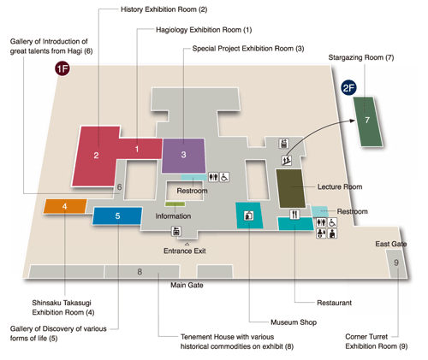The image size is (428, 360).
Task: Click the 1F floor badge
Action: pyautogui.click(x=62, y=68)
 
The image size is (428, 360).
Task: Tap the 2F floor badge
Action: pyautogui.click(x=348, y=87)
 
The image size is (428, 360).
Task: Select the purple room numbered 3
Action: pyautogui.click(x=183, y=156)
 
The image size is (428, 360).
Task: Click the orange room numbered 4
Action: pyautogui.click(x=65, y=206)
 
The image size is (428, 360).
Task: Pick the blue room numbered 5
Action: pyautogui.click(x=117, y=215)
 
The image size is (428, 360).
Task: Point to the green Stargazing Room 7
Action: pyautogui.click(x=368, y=121)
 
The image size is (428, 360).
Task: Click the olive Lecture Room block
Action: pyautogui.click(x=290, y=188)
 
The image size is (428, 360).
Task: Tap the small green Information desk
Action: pyautogui.click(x=175, y=204)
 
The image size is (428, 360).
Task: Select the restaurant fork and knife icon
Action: pyautogui.click(x=294, y=215)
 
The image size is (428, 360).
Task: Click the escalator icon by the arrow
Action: pyautogui.click(x=287, y=161)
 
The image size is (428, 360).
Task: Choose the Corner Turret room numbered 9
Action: pyautogui.click(x=396, y=263)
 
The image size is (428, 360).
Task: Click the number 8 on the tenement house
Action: pyautogui.click(x=140, y=272)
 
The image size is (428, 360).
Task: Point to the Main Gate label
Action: pyautogui.click(x=187, y=285)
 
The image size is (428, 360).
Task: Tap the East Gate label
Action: pyautogui.click(x=391, y=244)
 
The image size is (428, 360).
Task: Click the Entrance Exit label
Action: pyautogui.click(x=185, y=251)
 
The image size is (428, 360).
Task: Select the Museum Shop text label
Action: pyautogui.click(x=294, y=322)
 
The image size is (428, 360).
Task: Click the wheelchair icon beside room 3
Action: pyautogui.click(x=224, y=177)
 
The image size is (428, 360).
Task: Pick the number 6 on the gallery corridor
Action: pyautogui.click(x=119, y=187)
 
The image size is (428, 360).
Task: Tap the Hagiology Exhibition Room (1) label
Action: pyautogui.click(x=204, y=30)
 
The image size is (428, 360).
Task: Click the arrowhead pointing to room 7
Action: pyautogui.click(x=353, y=121)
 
